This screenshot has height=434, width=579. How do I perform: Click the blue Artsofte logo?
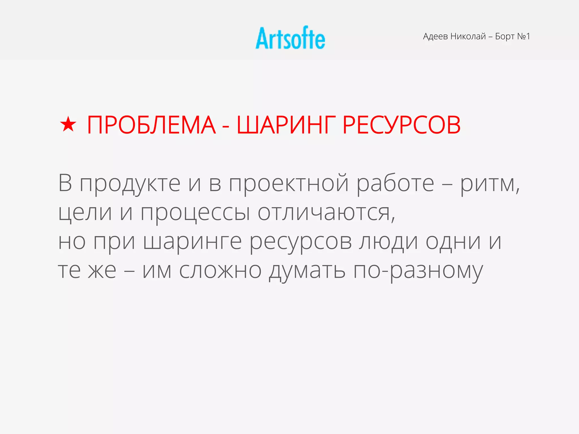[x=290, y=38]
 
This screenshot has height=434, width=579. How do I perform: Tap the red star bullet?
[x=68, y=125]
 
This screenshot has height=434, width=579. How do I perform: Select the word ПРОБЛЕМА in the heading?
[x=151, y=125]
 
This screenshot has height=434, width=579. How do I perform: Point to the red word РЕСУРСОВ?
[x=401, y=125]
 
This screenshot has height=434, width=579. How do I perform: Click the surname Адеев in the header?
[x=435, y=36]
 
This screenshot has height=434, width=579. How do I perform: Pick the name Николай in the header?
[x=468, y=36]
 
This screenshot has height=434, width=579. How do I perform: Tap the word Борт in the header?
[x=505, y=36]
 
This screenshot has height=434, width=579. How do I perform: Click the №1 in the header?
[x=524, y=36]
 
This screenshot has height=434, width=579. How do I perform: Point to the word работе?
[x=395, y=184]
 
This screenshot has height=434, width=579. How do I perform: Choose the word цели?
[x=85, y=212]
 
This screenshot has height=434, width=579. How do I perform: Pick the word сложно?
[x=220, y=271]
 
